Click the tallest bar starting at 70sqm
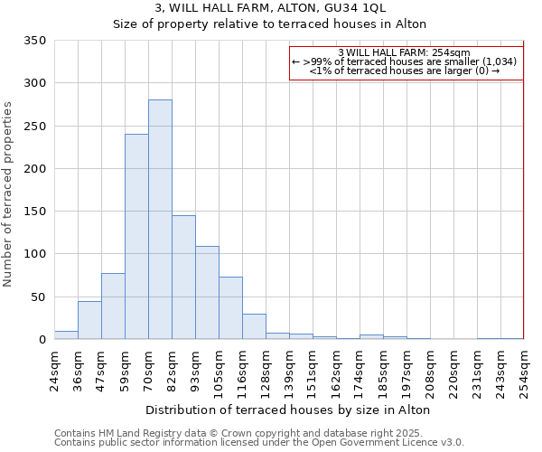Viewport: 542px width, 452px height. (160, 220)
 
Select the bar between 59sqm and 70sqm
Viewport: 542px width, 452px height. (136, 237)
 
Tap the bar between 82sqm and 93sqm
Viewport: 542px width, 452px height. (183, 278)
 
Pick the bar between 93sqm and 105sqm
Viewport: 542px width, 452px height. (207, 293)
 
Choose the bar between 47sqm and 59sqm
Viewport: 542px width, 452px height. (113, 306)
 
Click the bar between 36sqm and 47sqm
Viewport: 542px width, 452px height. (89, 320)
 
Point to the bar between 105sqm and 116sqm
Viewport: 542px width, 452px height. (230, 308)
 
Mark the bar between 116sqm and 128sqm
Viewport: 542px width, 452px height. (254, 326)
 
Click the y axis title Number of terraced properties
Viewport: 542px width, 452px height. (9, 193)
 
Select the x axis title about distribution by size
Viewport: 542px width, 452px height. (287, 410)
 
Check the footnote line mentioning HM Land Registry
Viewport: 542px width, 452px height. (258, 433)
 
